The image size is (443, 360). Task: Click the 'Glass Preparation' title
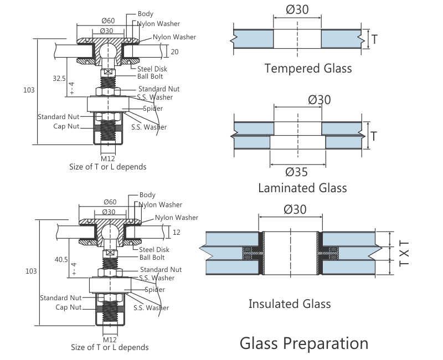pos(303,343)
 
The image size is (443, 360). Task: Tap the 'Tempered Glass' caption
pos(308,69)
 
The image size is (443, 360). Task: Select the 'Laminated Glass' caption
pos(302,188)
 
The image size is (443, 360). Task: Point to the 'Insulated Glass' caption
pos(289,304)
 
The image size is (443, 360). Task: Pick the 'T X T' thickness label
pos(404,253)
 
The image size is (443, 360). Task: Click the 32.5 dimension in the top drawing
pos(59,79)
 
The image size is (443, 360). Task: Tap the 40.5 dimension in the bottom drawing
pos(61,259)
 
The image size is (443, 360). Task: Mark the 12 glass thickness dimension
pos(176,232)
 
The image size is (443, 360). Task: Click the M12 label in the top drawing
pos(107,158)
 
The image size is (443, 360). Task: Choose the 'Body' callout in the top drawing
pos(145,14)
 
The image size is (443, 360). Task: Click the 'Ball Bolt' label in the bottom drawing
pos(152,258)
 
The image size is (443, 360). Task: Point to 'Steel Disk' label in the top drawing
pos(152,69)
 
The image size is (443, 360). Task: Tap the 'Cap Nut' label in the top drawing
pos(67,126)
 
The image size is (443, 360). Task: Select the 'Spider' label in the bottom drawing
pos(154,290)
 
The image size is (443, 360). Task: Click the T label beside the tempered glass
pos(374,39)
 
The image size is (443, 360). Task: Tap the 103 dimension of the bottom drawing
pos(31,271)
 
